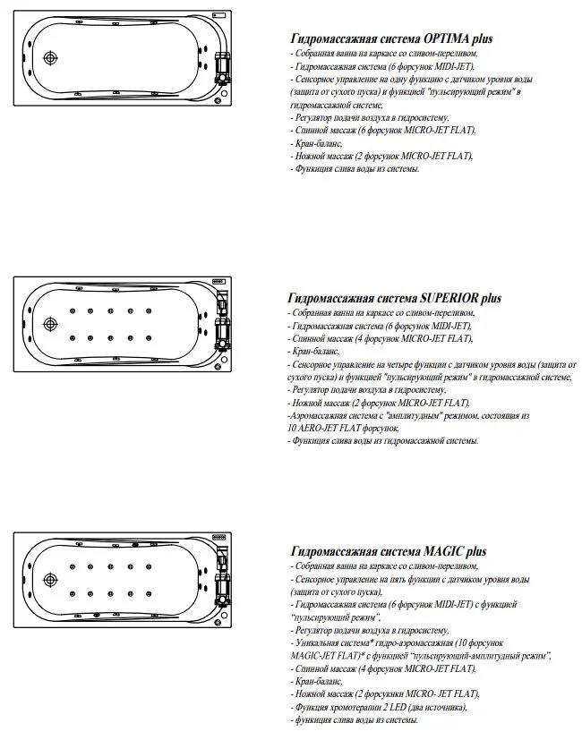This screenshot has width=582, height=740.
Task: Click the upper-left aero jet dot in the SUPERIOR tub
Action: point(71,310)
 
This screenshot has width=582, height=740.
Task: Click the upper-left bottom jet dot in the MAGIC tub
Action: point(71,567)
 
